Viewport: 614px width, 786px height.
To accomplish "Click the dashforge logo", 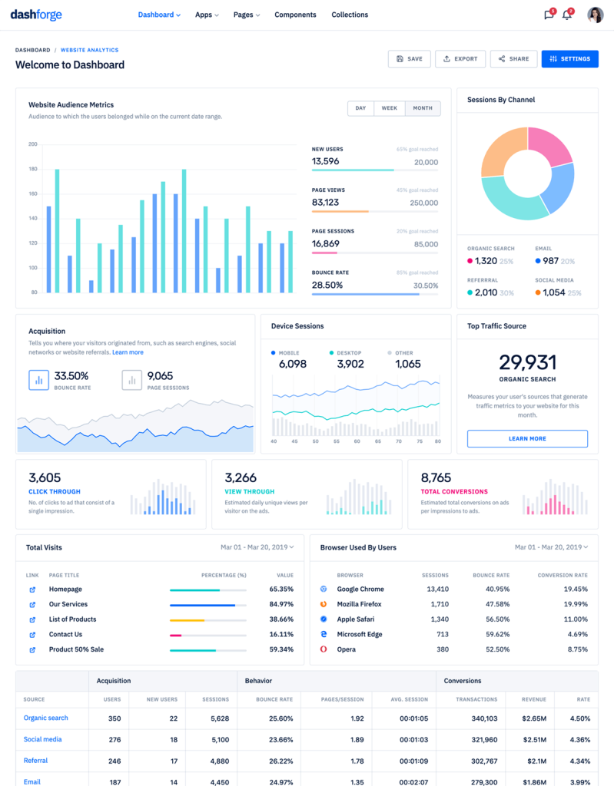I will [35, 15].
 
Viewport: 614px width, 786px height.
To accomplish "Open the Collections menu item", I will [350, 15].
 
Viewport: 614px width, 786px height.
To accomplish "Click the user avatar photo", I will [595, 15].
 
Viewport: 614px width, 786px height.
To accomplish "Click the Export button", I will [460, 59].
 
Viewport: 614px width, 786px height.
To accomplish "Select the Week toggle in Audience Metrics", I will [390, 108].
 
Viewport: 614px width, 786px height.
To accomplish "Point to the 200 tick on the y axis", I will [33, 144].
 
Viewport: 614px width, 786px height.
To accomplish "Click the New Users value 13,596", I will [325, 162].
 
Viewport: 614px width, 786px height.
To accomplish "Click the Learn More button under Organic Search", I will [527, 438].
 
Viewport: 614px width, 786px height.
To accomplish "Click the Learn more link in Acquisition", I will [128, 352].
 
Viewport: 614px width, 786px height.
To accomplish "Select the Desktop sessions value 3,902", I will [350, 364].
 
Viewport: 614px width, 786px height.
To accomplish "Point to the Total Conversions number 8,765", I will [436, 477].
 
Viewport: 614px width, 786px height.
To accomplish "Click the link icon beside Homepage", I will [32, 589].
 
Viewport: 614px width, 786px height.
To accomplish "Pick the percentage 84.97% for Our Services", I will [281, 604].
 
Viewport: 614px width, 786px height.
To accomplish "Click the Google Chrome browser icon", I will [324, 589].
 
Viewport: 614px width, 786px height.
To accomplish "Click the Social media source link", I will [42, 739].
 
